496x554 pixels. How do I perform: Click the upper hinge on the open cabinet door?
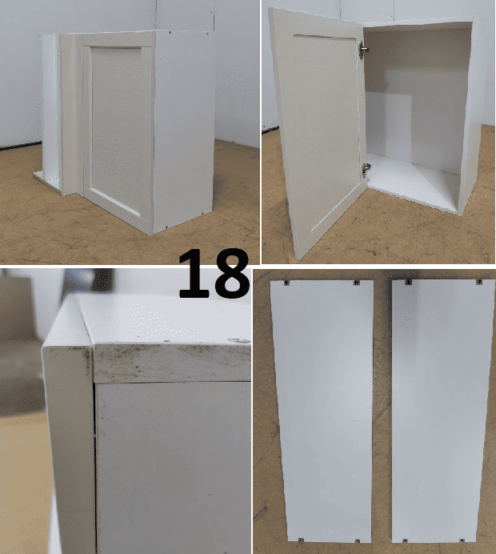pos(363,50)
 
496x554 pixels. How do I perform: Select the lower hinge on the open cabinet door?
pos(366,169)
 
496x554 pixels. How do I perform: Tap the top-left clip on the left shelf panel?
pos(286,283)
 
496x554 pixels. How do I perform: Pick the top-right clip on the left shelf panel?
pos(356,283)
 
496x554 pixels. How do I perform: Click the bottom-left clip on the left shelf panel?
pos(301,540)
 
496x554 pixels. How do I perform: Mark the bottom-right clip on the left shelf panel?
pos(358,540)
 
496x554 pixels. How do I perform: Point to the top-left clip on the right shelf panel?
pos(409,282)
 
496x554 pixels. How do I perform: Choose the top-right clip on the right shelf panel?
pos(479,282)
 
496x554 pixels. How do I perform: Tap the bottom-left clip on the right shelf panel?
pos(405,540)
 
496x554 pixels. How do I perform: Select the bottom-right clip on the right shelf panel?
pos(462,540)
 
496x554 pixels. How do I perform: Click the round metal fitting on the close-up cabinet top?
pos(238,340)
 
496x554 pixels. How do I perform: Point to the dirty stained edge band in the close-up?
pos(172,363)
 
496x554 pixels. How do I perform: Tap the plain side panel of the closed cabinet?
pos(183,130)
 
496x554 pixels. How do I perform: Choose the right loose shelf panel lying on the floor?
pos(443,411)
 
